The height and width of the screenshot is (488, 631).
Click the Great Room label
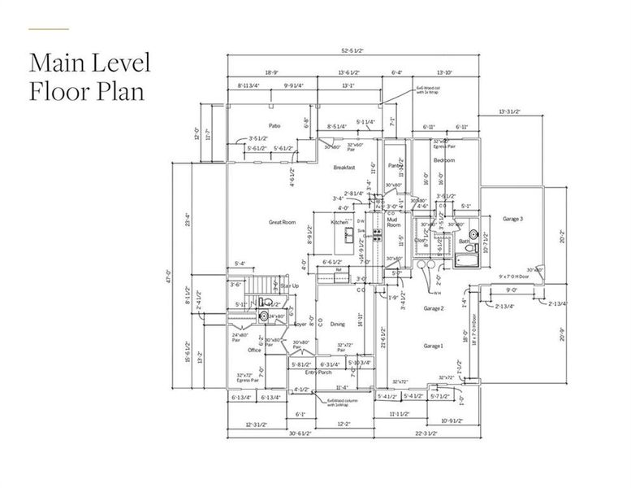coord(281,222)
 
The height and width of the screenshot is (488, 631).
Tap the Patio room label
coord(275,126)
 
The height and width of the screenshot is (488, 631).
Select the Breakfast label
coord(346,168)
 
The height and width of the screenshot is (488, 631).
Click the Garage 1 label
coord(433,346)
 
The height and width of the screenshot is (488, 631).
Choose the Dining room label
coord(337,325)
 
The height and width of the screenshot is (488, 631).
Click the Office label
coord(254,350)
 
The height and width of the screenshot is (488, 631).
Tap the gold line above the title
coord(49,29)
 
